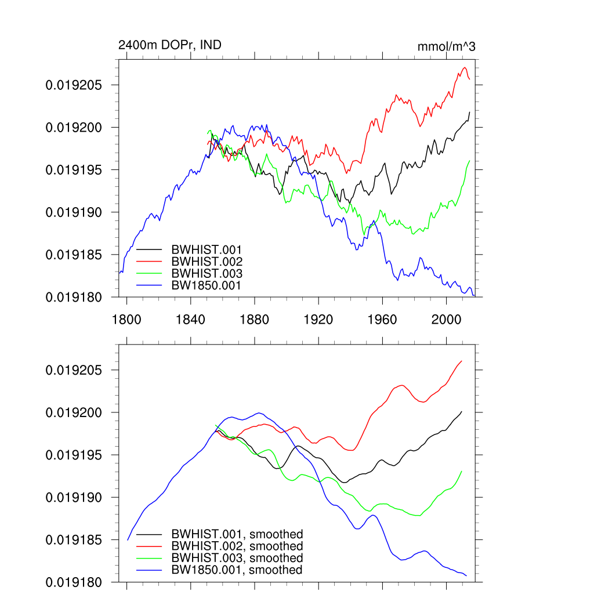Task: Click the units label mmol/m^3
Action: pyautogui.click(x=446, y=46)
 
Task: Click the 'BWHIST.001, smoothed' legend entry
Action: pyautogui.click(x=237, y=534)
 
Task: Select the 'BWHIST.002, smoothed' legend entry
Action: pyautogui.click(x=237, y=546)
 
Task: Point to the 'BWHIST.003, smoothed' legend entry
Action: pyautogui.click(x=237, y=558)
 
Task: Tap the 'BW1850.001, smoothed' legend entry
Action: pyautogui.click(x=237, y=570)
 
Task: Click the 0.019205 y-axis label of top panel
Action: pyautogui.click(x=74, y=85)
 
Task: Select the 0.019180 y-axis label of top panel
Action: pyautogui.click(x=74, y=297)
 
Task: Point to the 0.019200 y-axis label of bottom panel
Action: pyautogui.click(x=74, y=413)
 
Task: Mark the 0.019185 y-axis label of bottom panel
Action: pyautogui.click(x=74, y=540)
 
